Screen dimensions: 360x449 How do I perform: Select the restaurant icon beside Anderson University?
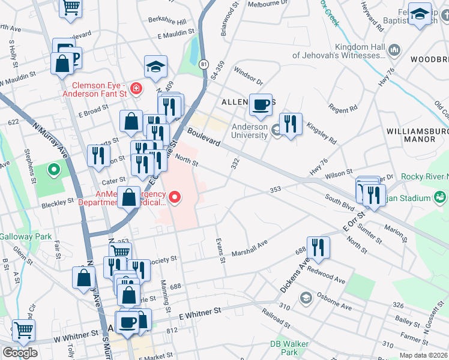(291, 125)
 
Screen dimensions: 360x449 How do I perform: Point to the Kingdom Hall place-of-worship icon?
(394, 49)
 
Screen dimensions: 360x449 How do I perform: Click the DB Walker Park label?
(284, 347)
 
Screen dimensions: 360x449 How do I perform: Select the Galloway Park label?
(26, 236)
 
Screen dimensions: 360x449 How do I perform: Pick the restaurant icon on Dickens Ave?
(318, 248)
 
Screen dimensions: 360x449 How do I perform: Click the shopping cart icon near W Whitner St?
(23, 330)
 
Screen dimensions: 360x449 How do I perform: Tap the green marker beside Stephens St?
(53, 170)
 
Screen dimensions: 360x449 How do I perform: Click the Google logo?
(20, 353)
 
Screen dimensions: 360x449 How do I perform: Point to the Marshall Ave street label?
(250, 247)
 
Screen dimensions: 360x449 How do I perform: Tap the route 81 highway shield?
(205, 64)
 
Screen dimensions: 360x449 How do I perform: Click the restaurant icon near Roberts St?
(97, 156)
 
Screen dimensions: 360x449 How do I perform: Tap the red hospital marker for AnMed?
(175, 196)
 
